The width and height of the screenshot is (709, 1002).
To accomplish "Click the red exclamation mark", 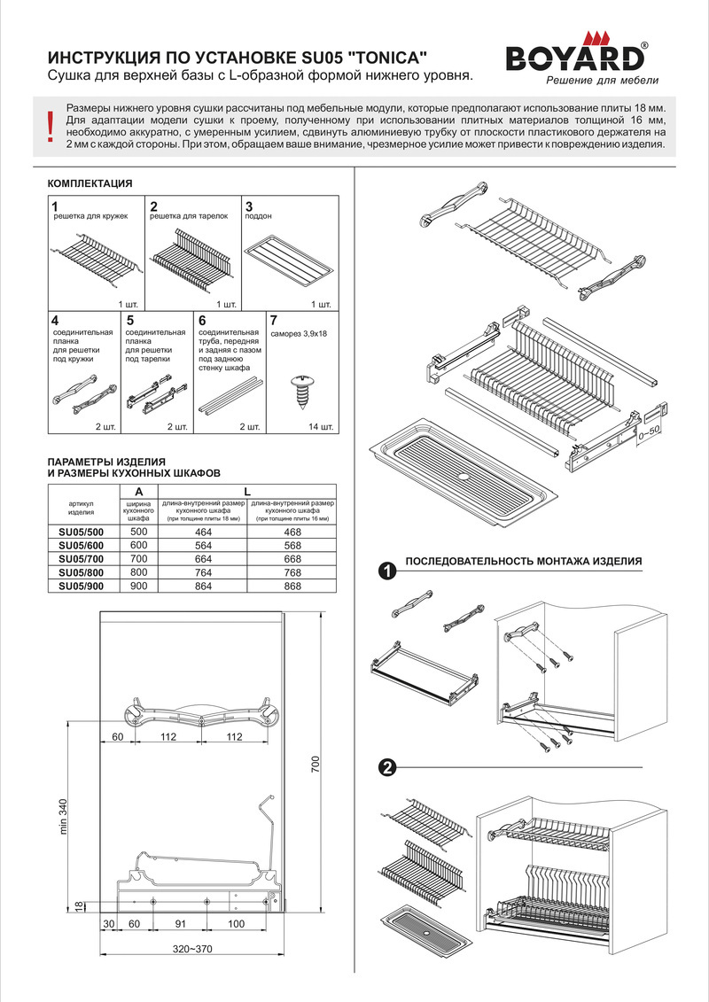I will tap(50, 127).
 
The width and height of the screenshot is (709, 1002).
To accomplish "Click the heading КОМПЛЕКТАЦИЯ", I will tap(89, 183).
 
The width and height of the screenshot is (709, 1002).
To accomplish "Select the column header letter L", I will tap(248, 491).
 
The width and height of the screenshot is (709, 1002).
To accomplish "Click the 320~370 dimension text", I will tap(192, 949).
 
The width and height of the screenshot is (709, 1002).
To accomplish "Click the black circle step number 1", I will tap(386, 571).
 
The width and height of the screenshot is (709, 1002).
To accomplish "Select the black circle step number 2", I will tap(386, 767).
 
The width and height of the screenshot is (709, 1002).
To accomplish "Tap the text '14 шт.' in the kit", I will tap(320, 427).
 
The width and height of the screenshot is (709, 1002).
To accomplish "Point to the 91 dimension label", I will tap(181, 924).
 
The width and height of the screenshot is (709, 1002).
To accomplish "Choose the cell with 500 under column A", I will tap(138, 531).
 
